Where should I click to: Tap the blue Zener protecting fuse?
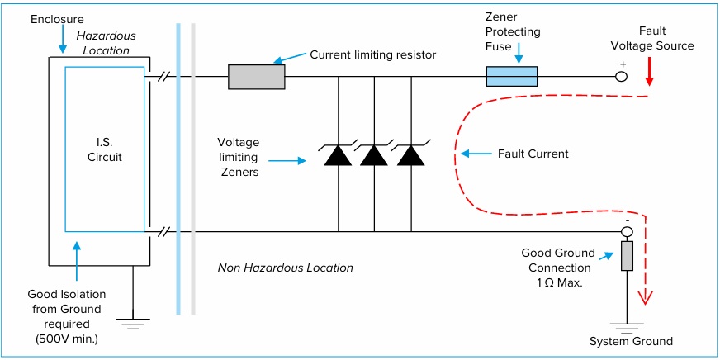[x=512, y=77]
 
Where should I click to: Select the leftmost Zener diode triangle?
[x=338, y=155]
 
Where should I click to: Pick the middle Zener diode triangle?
[x=374, y=155]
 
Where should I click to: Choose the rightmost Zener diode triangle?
[x=410, y=155]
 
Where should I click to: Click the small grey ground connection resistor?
[x=627, y=256]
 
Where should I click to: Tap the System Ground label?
[x=631, y=341]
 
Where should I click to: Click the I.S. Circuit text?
[x=105, y=150]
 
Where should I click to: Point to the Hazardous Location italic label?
[x=106, y=43]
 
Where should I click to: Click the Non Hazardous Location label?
[x=285, y=268]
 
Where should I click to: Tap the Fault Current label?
[x=533, y=154]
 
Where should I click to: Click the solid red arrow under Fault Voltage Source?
[x=649, y=73]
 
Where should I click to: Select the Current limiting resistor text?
[x=372, y=54]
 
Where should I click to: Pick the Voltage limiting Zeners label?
[x=238, y=157]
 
